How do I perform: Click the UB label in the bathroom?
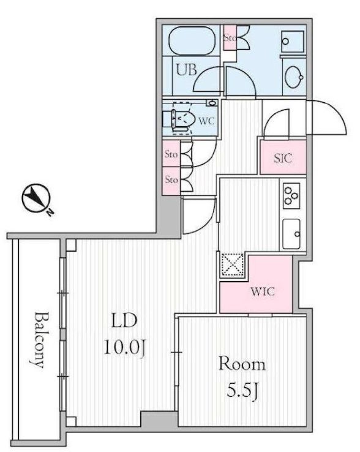point(187,70)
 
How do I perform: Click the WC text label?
point(207,121)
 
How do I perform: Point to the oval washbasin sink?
point(294,77)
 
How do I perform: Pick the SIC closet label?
point(282,158)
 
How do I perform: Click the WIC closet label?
point(262,292)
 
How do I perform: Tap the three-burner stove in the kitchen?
point(291,196)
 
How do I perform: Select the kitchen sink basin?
point(291,234)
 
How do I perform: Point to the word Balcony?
point(39,339)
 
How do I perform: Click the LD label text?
point(124,320)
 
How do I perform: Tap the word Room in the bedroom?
point(242,364)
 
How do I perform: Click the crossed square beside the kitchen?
point(232,265)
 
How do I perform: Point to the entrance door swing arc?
point(326,118)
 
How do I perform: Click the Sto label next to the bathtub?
point(230,37)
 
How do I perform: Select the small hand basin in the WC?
point(212,103)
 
